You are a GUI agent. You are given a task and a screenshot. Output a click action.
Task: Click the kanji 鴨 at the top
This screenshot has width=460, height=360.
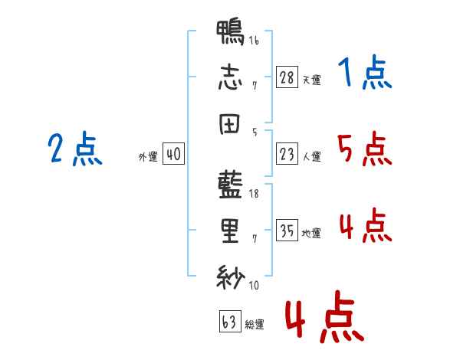point(230,32)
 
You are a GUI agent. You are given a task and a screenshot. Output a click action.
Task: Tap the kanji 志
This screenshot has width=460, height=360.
point(230,77)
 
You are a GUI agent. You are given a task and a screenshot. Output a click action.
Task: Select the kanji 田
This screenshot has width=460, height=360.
point(229,124)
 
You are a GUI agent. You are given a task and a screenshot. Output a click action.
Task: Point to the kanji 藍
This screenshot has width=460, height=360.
point(230,185)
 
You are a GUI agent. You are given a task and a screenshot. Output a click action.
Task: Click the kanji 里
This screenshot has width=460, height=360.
point(230,231)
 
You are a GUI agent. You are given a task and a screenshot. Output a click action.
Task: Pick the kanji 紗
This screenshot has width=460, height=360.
point(231,277)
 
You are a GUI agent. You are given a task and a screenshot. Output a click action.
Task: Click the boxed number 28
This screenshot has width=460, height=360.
point(287,77)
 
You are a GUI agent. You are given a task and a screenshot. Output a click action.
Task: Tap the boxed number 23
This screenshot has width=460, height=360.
point(287,154)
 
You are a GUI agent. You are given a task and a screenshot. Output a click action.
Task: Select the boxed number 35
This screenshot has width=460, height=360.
point(287,230)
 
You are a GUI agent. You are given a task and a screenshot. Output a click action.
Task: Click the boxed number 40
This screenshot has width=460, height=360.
point(173,154)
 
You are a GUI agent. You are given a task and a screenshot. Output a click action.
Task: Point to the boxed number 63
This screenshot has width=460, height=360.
point(230,321)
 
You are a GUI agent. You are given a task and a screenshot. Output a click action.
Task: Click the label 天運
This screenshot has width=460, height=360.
point(312,80)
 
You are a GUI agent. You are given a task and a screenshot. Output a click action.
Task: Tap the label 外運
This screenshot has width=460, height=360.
point(148,156)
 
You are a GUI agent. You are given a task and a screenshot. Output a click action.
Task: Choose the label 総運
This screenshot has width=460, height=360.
point(255,324)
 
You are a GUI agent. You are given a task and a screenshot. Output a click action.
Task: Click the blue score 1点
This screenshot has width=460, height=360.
point(365,72)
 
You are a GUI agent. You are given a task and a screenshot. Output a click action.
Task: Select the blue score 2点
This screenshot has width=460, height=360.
point(75,149)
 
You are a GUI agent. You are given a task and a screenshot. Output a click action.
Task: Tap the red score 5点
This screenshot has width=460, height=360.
point(365,149)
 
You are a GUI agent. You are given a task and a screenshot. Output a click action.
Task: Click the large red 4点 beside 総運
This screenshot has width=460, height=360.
point(325,316)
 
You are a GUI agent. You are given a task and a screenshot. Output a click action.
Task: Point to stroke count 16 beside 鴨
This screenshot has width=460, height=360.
point(254,41)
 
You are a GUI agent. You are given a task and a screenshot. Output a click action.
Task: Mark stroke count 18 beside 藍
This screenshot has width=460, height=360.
point(254,194)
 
